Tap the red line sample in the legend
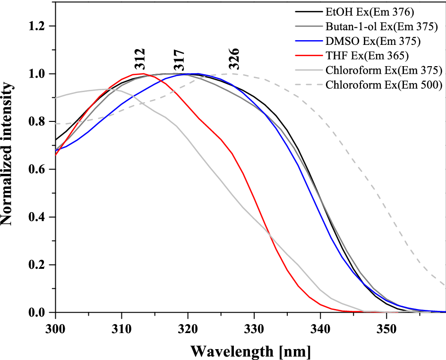point(308,56)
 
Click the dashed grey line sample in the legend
point(308,85)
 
